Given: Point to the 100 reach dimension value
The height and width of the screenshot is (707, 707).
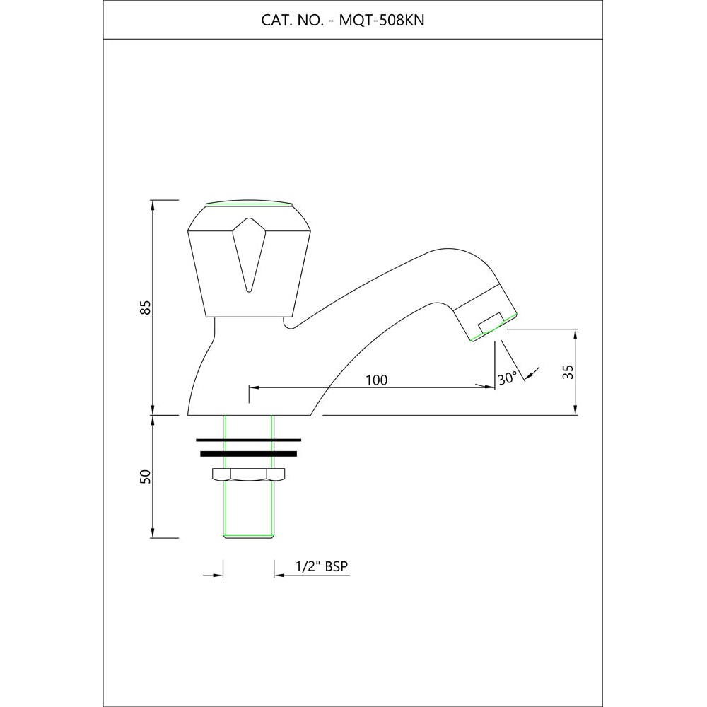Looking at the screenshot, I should pos(376,380).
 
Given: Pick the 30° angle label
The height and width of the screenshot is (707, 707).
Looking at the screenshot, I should pos(508,378).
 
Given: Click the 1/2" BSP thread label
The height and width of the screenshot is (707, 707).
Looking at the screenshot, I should pos(324,567).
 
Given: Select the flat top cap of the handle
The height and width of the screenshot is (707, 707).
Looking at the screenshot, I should pos(248,205).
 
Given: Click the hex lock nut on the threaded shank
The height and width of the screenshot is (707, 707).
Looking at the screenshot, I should pos(248,474).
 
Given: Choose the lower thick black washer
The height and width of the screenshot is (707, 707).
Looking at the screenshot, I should pos(248,453).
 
